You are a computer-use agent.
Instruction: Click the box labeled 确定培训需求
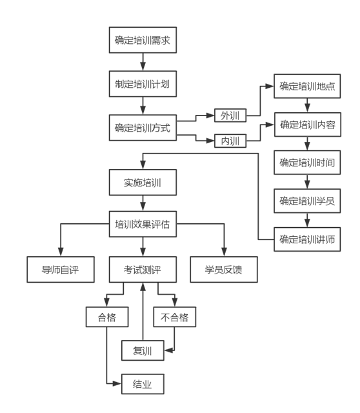point(143,40)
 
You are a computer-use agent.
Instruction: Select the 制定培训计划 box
point(143,84)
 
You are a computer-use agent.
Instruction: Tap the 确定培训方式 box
point(143,128)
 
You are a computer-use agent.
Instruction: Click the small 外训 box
point(230,116)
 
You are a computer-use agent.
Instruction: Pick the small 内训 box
point(230,141)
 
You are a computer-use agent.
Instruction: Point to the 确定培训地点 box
point(307,86)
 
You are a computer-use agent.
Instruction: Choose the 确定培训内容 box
point(308,125)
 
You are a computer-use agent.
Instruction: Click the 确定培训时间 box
point(307,163)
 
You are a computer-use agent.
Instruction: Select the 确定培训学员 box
point(307,201)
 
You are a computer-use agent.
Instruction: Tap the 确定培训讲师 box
point(307,239)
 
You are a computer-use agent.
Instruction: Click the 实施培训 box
point(143,182)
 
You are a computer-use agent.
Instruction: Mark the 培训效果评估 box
point(143,224)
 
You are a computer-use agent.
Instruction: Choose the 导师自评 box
point(61,270)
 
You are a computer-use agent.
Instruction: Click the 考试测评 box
point(143,270)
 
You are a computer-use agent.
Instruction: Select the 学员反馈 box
point(224,270)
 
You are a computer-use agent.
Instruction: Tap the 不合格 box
point(175,317)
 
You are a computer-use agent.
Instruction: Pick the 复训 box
point(143,350)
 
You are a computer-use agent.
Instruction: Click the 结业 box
point(143,384)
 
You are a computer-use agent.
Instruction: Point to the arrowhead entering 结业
point(117,383)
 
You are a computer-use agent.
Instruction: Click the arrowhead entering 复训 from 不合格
point(168,350)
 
